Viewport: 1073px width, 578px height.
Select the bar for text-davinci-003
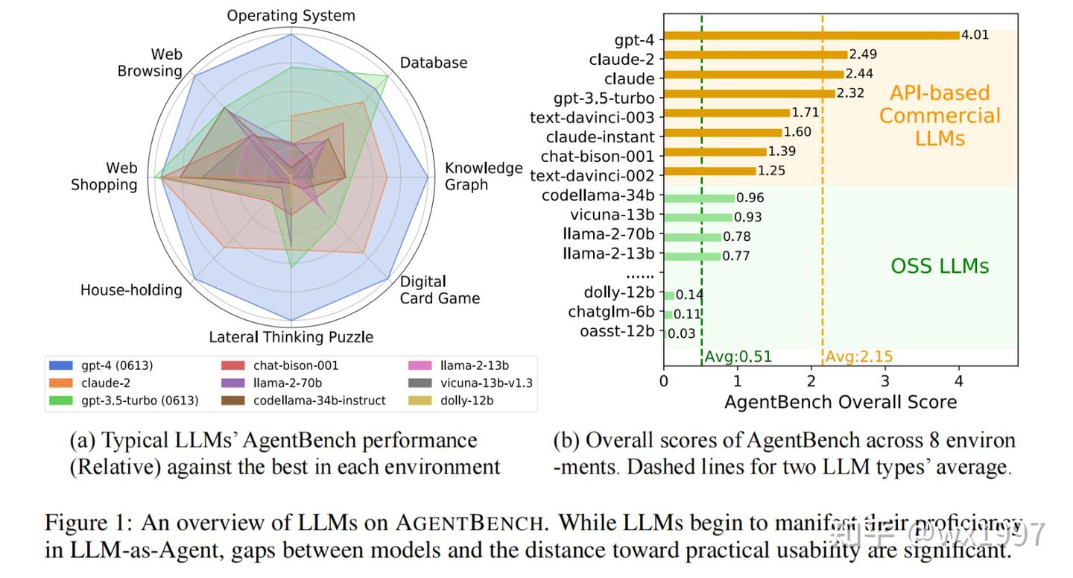[727, 113]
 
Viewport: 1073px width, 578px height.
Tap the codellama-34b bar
[699, 198]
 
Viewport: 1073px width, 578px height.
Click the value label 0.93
[747, 217]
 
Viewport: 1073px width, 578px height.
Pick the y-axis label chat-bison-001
[598, 157]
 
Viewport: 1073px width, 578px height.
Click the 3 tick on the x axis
[884, 380]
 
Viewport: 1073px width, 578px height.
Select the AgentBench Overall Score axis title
[841, 402]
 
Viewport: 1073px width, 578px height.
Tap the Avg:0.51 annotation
[738, 356]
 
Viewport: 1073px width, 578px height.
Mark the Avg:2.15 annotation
[858, 356]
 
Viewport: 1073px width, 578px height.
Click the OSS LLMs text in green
[940, 266]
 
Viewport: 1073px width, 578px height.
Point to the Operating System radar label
[291, 16]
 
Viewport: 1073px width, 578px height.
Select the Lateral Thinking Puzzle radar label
[291, 337]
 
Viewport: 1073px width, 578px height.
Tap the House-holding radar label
[131, 290]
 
